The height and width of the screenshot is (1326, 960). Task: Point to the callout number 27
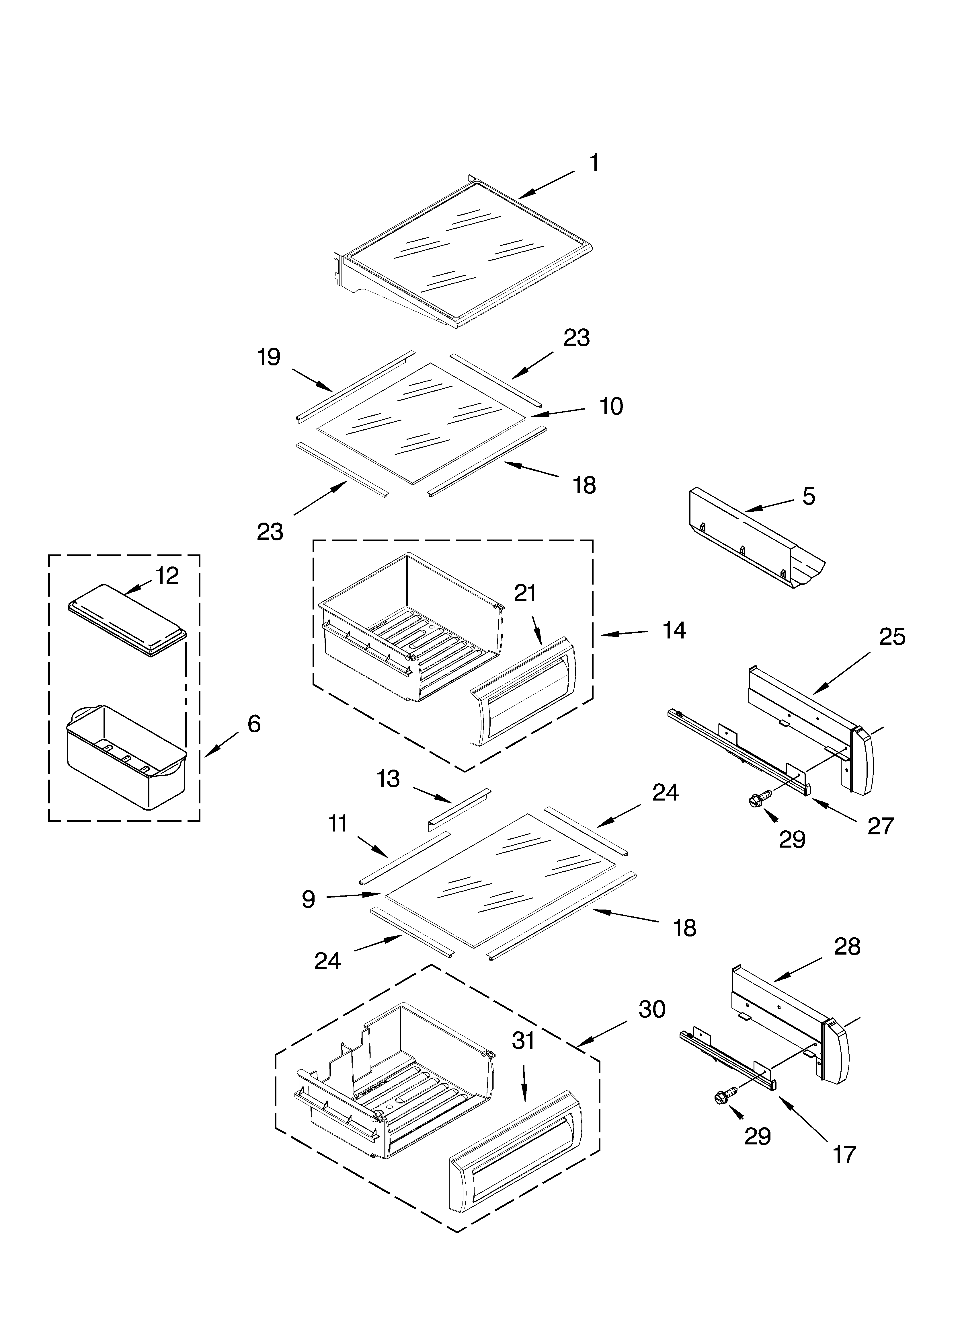(881, 826)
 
